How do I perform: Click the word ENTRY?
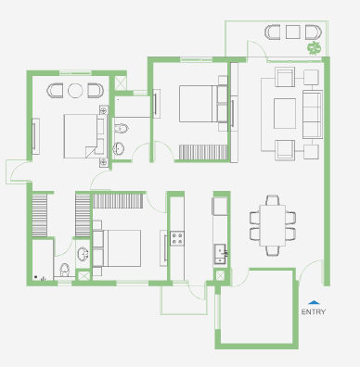click(x=314, y=312)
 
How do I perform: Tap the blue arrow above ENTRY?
click(x=314, y=302)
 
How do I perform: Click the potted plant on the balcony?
click(x=315, y=48)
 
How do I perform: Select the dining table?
click(x=273, y=225)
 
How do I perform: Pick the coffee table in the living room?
click(x=285, y=113)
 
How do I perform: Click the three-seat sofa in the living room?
click(x=313, y=114)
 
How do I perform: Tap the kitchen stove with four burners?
click(x=177, y=238)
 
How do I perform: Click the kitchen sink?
click(x=221, y=254)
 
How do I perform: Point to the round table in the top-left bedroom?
click(x=75, y=91)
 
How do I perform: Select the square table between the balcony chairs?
click(x=292, y=32)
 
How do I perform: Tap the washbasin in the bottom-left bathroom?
click(x=83, y=254)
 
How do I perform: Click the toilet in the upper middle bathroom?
click(x=122, y=128)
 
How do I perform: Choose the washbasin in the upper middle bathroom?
click(x=119, y=148)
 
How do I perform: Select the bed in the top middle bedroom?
click(x=203, y=104)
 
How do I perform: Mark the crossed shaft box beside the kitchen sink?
click(x=220, y=275)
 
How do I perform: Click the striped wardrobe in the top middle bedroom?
click(x=203, y=152)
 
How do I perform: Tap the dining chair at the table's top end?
click(x=273, y=200)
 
